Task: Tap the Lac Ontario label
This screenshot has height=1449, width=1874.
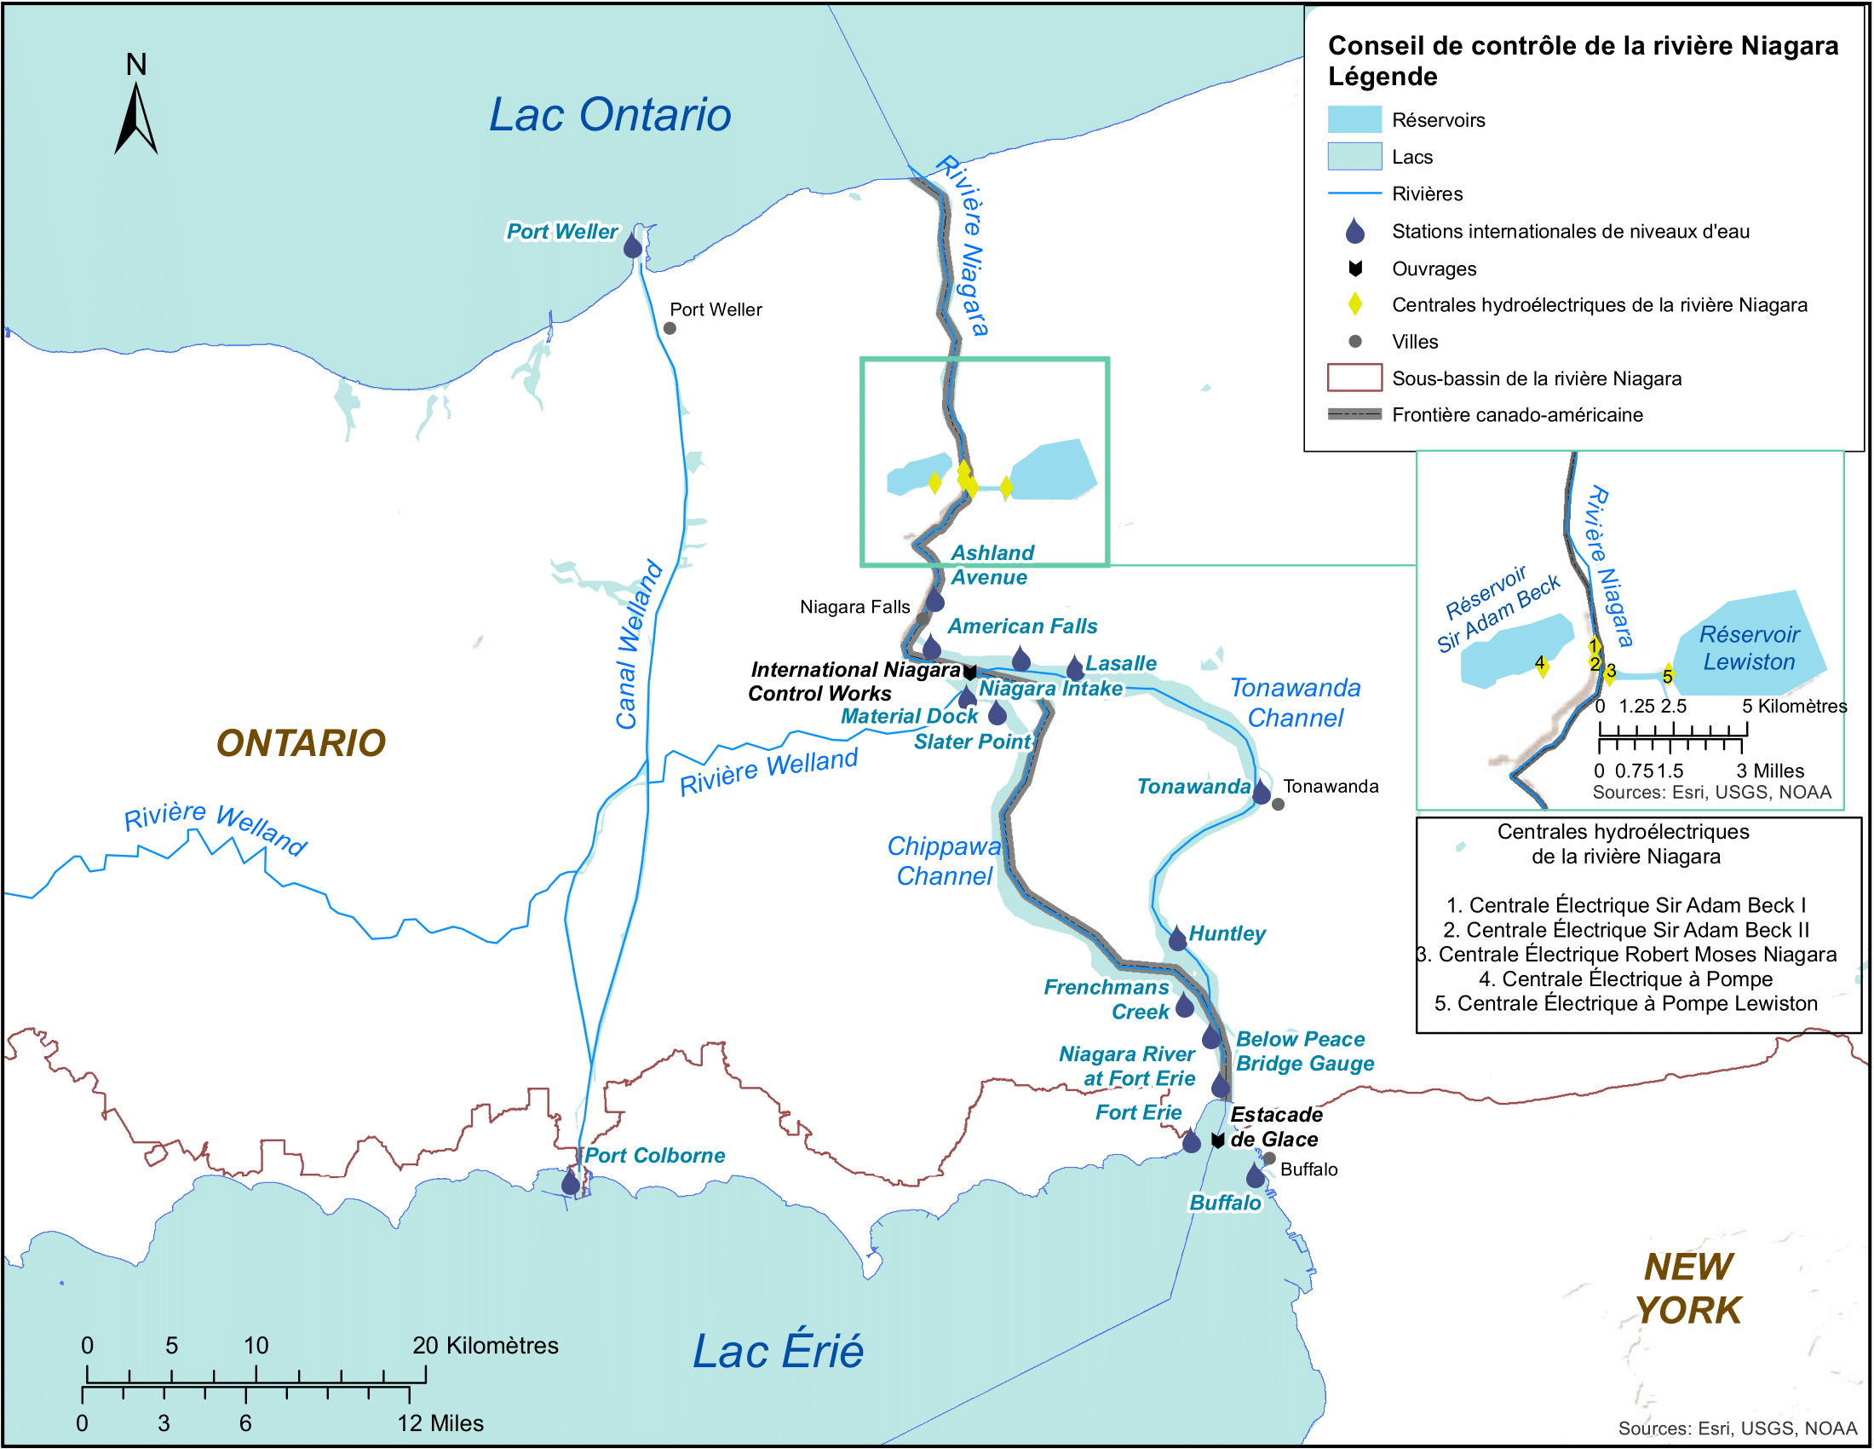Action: pos(609,115)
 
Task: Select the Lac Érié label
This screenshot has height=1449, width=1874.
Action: pos(778,1352)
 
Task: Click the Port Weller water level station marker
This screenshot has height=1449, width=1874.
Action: pos(632,246)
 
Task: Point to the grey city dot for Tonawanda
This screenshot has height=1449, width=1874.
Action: pos(1278,805)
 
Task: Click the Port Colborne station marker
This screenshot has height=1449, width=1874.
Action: pos(571,1184)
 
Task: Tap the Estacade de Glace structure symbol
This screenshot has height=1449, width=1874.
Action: pos(1216,1140)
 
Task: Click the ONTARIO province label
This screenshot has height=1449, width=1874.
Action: pos(301,743)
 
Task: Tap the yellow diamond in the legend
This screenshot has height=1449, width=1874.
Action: pos(1355,304)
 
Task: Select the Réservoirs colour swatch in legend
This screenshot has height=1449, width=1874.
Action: pos(1354,119)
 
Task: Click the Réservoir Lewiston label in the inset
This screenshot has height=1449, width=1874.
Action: pos(1749,648)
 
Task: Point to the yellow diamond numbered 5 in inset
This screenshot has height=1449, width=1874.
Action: pos(1667,675)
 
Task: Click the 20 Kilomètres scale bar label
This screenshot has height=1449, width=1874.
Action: pos(485,1345)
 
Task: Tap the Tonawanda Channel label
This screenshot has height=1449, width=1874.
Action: pos(1295,703)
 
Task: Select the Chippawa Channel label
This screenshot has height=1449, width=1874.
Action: pos(944,861)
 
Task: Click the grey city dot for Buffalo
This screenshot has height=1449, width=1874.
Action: pos(1269,1159)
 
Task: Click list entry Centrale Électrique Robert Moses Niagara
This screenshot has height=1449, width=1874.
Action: pos(1627,955)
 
